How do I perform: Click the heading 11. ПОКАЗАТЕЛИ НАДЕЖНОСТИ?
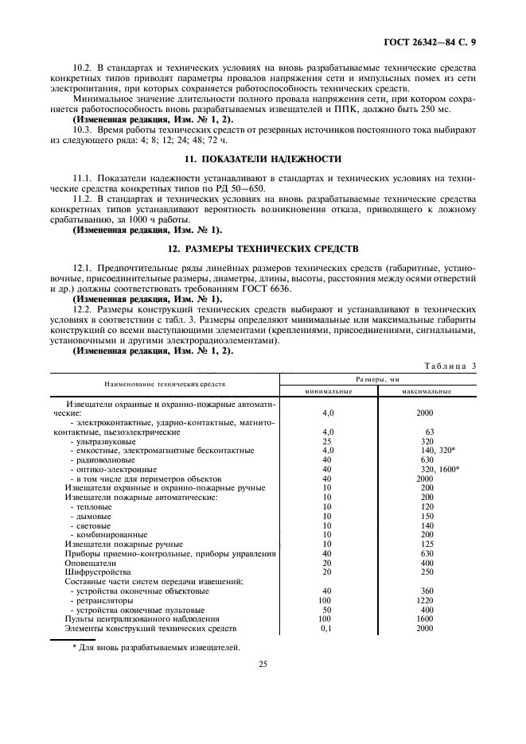(263, 159)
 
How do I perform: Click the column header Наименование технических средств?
(165, 383)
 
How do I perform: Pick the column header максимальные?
(427, 391)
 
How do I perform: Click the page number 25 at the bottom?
(263, 669)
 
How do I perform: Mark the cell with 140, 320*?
(435, 451)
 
